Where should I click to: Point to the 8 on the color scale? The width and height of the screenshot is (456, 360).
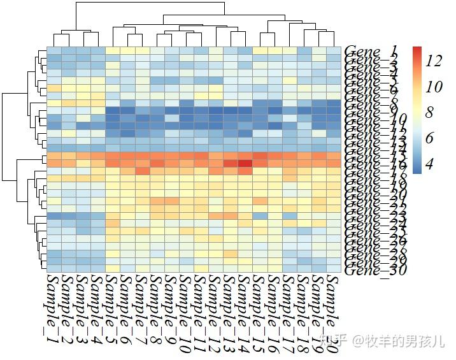point(429,113)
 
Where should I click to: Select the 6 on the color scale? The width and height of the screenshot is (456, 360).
point(429,139)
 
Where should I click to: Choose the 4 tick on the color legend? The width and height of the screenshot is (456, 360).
point(429,164)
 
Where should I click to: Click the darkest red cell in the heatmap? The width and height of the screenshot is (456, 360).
point(246,163)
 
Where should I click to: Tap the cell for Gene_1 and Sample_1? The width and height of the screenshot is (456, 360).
point(54,50)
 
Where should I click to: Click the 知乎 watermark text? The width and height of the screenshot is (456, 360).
point(336,341)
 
